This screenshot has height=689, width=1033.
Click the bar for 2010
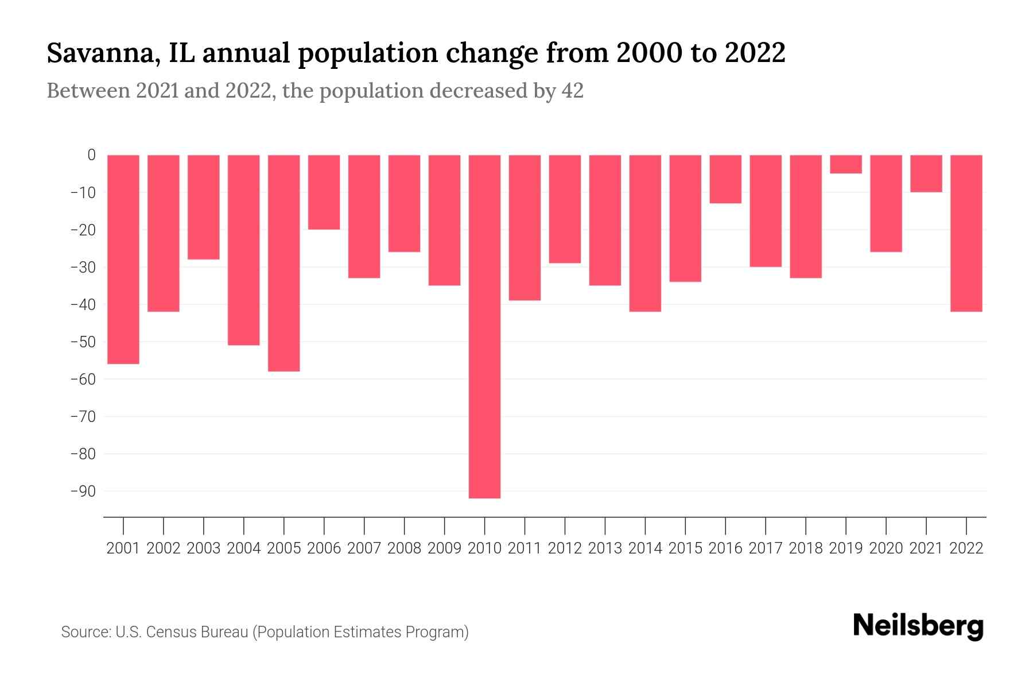484,326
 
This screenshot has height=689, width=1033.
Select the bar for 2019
846,164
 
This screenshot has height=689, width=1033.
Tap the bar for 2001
123,259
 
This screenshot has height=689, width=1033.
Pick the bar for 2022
966,233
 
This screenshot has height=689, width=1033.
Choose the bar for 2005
284,263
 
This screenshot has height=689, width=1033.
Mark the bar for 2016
725,179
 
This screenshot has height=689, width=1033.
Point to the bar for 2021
926,173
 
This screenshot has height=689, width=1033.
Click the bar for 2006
324,192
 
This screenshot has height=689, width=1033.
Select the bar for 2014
645,233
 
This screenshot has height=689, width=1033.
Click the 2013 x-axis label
605,548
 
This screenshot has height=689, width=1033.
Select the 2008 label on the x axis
405,548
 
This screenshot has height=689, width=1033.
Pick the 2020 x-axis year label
886,548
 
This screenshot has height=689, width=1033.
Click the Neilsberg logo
918,626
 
